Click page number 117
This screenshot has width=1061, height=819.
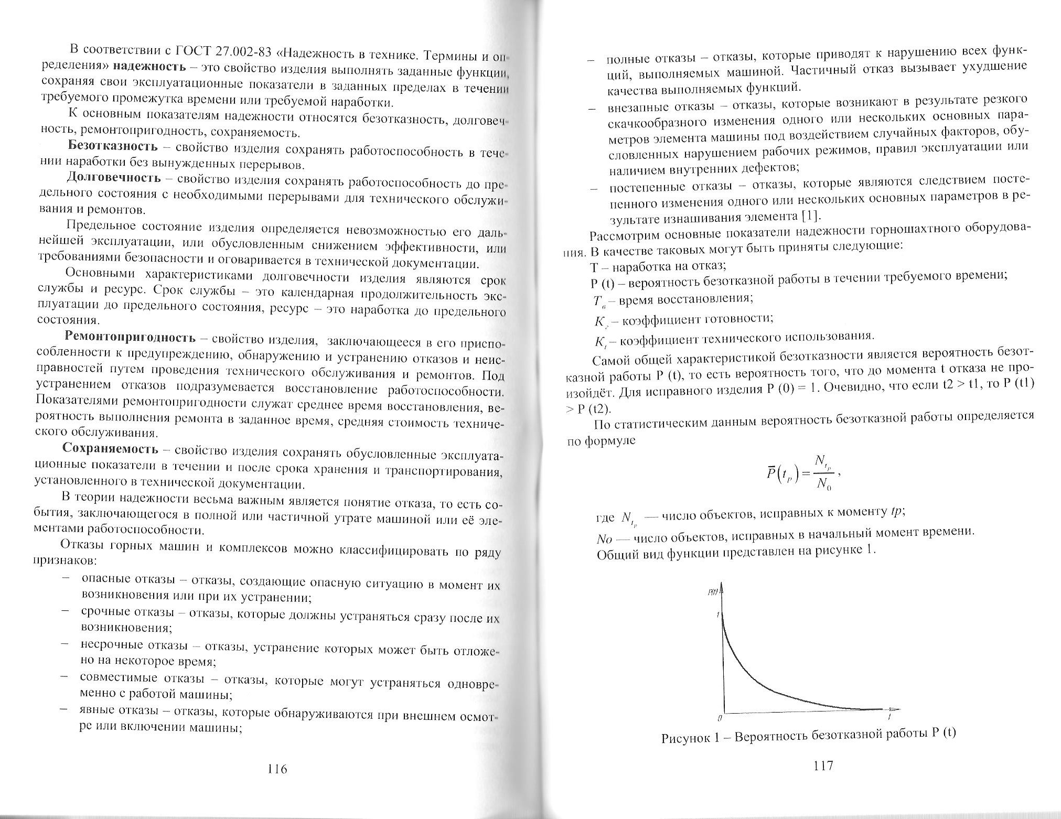click(x=823, y=766)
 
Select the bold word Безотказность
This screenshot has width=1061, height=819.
click(x=112, y=146)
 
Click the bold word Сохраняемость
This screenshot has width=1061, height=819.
click(x=110, y=449)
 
